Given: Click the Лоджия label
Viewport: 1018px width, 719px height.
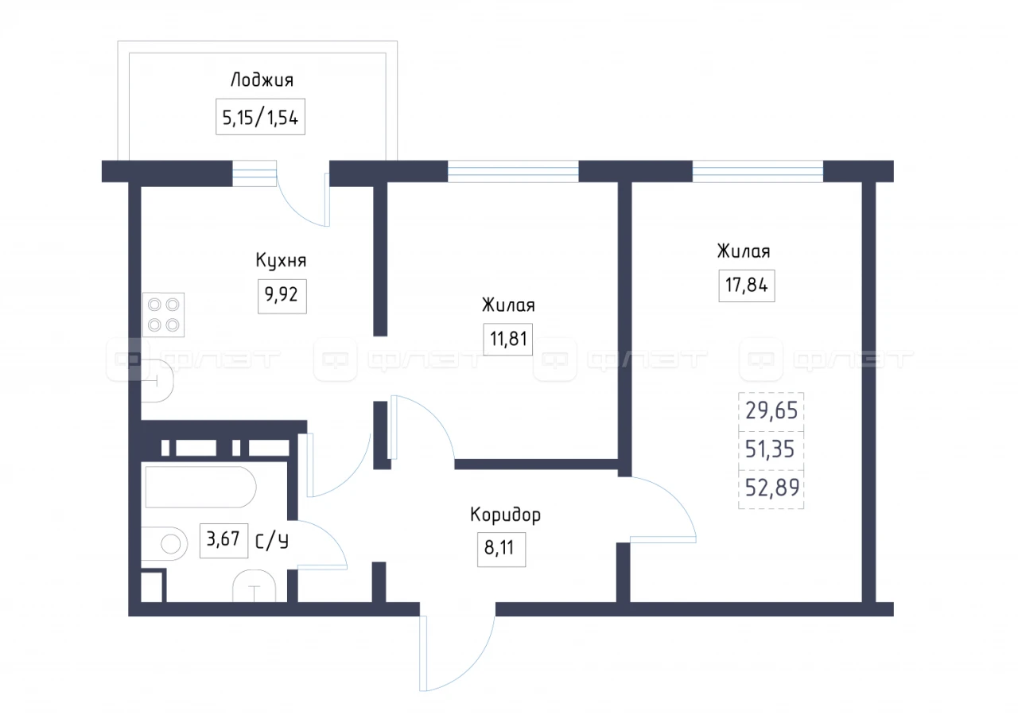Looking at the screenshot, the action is click(262, 80).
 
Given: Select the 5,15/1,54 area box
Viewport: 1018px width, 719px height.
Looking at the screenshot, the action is click(260, 117).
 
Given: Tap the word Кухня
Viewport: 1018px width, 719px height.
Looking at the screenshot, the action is click(281, 260).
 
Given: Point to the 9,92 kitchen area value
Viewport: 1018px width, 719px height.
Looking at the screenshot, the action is click(282, 296).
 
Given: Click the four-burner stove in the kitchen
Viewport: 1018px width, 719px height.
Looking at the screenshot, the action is click(164, 315).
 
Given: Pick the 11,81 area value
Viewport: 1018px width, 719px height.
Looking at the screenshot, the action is click(508, 339).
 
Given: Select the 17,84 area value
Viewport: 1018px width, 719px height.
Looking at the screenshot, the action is click(747, 286).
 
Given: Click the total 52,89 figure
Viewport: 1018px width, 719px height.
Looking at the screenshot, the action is click(771, 488).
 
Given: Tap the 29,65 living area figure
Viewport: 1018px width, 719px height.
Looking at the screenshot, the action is click(771, 410).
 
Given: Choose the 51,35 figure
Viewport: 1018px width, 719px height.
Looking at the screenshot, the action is click(770, 449).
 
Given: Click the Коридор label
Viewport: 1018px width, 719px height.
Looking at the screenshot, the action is click(505, 515).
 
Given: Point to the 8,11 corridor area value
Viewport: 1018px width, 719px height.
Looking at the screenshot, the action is click(501, 549).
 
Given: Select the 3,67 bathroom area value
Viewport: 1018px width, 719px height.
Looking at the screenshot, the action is click(223, 540).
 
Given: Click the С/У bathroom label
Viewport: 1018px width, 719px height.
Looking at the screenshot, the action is click(272, 542).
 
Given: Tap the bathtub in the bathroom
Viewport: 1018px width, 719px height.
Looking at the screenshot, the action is click(200, 488).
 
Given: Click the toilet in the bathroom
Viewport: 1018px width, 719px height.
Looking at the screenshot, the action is click(165, 543).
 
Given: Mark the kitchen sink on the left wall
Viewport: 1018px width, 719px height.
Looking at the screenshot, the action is click(157, 380).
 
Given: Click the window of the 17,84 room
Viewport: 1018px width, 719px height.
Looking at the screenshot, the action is click(758, 171).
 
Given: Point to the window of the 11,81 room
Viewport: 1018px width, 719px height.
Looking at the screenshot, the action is click(513, 171).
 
